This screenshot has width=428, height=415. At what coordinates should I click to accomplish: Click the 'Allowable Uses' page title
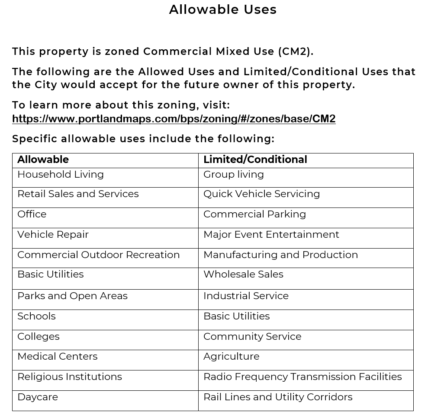point(223,10)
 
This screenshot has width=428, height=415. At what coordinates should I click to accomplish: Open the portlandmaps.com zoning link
point(174,119)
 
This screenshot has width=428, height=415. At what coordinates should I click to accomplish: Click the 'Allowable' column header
point(43,160)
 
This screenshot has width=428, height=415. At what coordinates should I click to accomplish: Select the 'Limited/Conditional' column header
point(255,160)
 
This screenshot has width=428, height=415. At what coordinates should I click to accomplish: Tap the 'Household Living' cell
point(61,175)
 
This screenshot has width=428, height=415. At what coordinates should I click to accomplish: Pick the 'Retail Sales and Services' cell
point(78,194)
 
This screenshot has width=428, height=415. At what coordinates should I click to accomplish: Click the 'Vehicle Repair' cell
point(53,235)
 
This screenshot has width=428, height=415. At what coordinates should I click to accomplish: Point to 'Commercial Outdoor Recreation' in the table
point(98,255)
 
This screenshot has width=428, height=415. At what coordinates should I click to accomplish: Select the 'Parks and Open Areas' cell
point(72,296)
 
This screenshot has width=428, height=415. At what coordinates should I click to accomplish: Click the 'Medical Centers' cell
point(57,357)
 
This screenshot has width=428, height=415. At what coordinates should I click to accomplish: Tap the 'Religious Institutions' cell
point(69,377)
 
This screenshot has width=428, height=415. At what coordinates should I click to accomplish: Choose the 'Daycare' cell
point(38,397)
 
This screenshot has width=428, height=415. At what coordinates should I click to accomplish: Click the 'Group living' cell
point(233,175)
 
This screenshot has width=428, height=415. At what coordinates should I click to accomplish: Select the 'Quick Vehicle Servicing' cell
point(261,194)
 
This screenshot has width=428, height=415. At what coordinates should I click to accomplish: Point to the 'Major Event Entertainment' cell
point(271,235)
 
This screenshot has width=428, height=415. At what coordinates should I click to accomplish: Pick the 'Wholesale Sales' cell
point(243,275)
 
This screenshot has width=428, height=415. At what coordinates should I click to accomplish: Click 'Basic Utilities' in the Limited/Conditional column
point(236,316)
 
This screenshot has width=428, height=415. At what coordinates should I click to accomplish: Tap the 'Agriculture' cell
point(231,357)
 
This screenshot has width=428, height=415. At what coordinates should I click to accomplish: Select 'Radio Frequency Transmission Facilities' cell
point(302,377)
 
